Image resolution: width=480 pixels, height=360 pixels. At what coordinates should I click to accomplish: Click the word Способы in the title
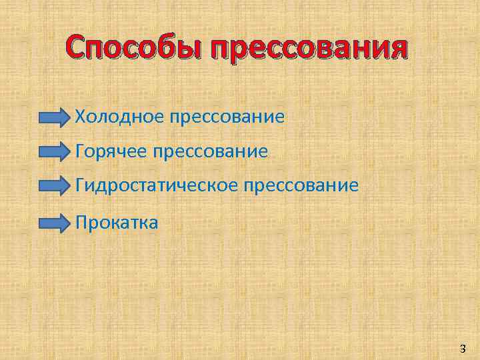pyautogui.click(x=132, y=49)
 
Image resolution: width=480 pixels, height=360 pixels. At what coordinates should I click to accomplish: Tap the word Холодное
pyautogui.click(x=119, y=117)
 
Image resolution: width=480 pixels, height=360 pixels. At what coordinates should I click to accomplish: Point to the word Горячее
pyautogui.click(x=111, y=152)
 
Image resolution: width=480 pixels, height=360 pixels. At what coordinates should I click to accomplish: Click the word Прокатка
pyautogui.click(x=117, y=221)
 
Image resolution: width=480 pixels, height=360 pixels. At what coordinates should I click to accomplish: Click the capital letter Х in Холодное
pyautogui.click(x=81, y=117)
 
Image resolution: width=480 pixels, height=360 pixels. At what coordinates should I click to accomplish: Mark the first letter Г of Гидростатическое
pyautogui.click(x=81, y=186)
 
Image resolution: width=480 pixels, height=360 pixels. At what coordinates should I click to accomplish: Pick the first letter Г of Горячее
pyautogui.click(x=81, y=152)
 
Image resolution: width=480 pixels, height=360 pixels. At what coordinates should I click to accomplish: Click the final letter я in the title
pyautogui.click(x=396, y=49)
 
